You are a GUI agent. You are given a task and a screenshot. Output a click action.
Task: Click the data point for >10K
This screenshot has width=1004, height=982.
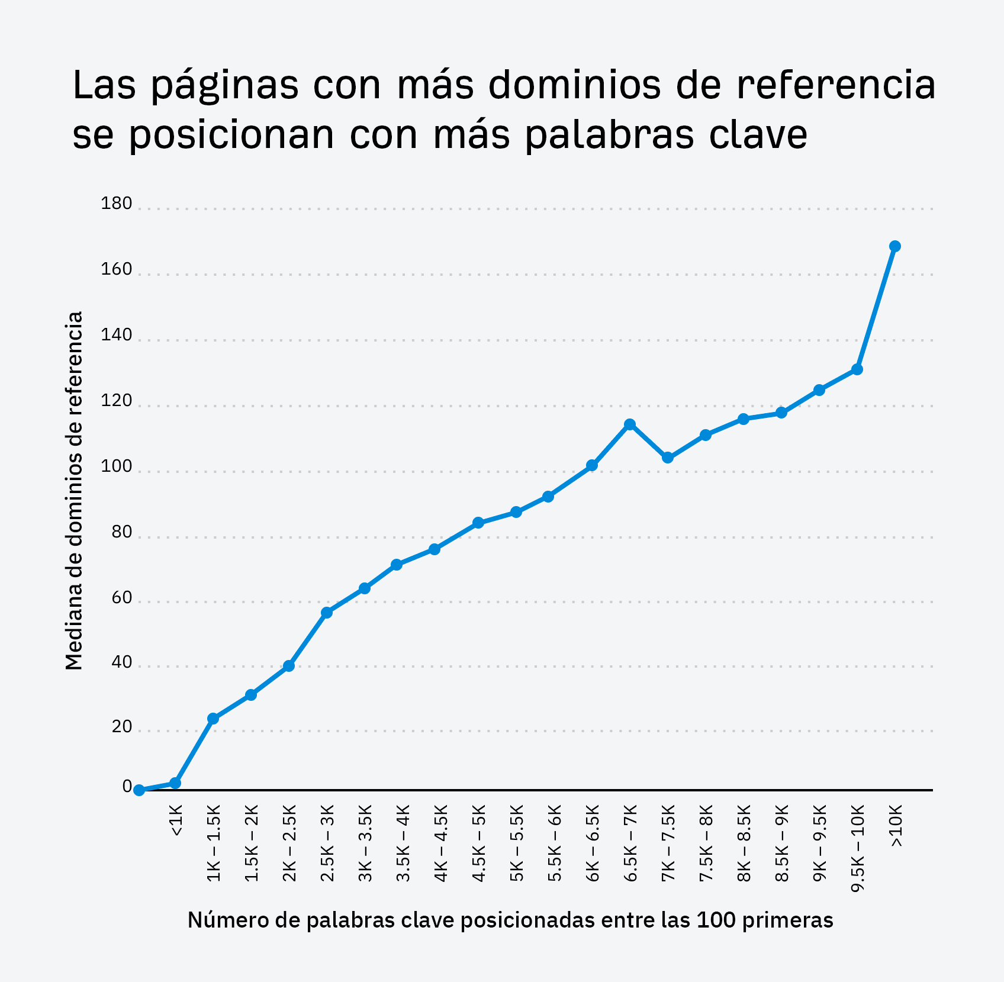[x=895, y=246]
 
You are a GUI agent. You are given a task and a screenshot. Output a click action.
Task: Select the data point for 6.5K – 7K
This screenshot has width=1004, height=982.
[x=630, y=424]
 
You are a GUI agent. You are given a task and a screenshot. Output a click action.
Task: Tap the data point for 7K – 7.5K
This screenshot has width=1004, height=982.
[x=668, y=458]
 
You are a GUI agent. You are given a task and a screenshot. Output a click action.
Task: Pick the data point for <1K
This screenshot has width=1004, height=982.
[x=175, y=783]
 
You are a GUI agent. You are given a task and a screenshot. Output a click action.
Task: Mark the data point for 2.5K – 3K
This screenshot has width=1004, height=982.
[x=327, y=613]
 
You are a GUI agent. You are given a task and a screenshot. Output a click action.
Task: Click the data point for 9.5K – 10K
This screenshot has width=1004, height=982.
[x=857, y=369]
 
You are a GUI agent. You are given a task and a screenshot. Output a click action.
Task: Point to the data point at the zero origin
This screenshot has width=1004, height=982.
[x=139, y=790]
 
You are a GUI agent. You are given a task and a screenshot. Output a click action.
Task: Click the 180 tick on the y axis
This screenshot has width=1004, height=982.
[x=117, y=204]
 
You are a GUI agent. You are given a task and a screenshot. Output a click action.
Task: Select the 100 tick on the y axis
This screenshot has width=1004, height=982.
[x=117, y=466]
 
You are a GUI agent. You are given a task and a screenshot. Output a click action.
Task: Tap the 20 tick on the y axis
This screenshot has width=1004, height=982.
[x=121, y=726]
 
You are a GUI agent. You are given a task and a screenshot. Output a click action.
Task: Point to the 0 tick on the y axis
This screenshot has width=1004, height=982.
[x=127, y=786]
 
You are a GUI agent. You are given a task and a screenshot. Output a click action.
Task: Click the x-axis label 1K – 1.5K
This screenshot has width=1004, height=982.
[x=214, y=843]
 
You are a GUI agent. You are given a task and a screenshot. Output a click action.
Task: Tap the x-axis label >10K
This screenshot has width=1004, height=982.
[x=896, y=826]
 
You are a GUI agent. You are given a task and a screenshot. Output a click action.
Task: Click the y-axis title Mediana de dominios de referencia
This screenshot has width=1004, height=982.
[x=74, y=491]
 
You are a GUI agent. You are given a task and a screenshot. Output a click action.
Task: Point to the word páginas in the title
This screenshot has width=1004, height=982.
[x=224, y=85]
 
